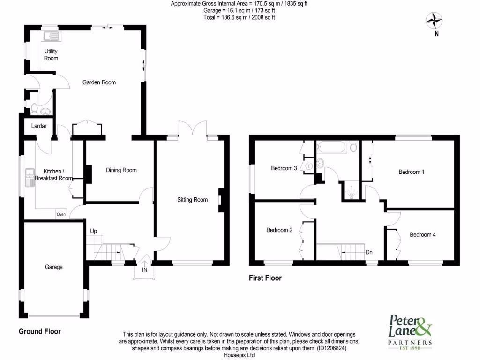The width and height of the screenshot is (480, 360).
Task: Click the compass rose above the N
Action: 435,20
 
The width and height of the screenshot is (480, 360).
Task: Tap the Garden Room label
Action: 99,82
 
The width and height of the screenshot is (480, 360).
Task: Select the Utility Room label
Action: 51,54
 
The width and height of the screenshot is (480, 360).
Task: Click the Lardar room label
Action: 39,126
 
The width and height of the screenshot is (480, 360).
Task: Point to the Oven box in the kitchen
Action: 61,214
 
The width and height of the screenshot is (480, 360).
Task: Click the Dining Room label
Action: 121,170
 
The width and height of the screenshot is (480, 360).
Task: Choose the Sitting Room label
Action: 192,200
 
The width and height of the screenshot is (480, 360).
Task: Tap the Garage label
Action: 54,267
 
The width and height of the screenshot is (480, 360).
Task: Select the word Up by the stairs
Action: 94,231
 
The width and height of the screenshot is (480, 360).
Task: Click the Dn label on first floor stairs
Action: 369,252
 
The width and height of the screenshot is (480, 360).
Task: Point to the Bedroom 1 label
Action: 412,172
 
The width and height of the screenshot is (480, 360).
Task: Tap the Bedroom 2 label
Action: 279,230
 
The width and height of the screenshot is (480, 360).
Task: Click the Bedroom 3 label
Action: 284,168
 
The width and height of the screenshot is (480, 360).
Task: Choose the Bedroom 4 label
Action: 422,235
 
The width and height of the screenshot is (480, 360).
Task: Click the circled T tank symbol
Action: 309,166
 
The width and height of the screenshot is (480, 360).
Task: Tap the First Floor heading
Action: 265,278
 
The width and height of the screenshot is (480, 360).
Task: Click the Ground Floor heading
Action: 40,331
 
